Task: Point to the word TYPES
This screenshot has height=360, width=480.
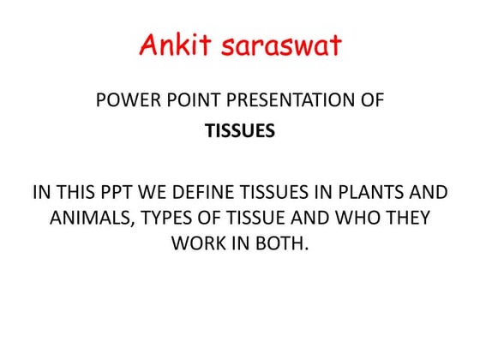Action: pos(163,218)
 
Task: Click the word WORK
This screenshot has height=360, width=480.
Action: pos(197,243)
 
